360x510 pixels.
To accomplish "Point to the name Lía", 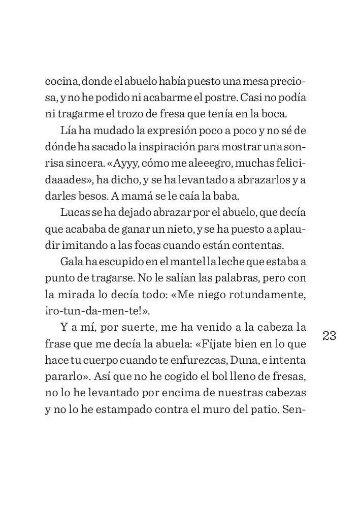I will [x=69, y=131].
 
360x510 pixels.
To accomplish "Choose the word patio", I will [x=261, y=409].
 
